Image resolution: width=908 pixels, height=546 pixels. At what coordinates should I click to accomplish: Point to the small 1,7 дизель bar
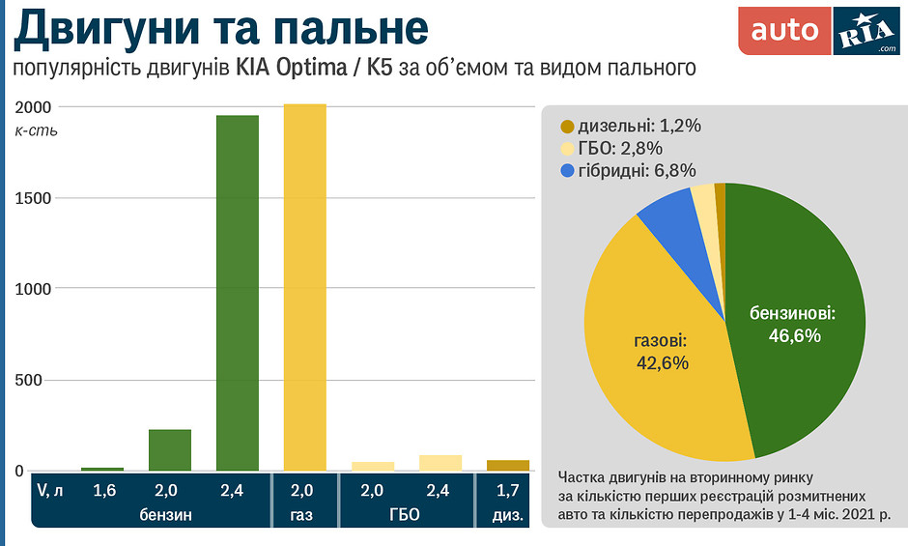(x=507, y=466)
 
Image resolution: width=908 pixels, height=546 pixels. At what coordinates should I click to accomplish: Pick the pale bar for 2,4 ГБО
(x=440, y=463)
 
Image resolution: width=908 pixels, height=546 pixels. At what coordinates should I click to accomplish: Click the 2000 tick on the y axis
(x=35, y=106)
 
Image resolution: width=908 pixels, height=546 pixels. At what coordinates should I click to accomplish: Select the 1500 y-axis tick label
(x=35, y=198)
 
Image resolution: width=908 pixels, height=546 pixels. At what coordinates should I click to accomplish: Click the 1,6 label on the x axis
(x=104, y=490)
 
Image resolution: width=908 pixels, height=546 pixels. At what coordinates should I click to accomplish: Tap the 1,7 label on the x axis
(x=508, y=490)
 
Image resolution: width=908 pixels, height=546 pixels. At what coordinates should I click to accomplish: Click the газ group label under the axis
(x=301, y=515)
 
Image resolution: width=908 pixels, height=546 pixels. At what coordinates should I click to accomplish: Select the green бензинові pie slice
(x=792, y=290)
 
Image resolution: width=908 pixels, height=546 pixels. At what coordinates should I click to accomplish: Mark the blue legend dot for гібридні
(x=567, y=171)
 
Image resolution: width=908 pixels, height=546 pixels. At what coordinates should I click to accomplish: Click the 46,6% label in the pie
(x=794, y=336)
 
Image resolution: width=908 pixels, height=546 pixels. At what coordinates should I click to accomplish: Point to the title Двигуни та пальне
(x=220, y=29)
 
